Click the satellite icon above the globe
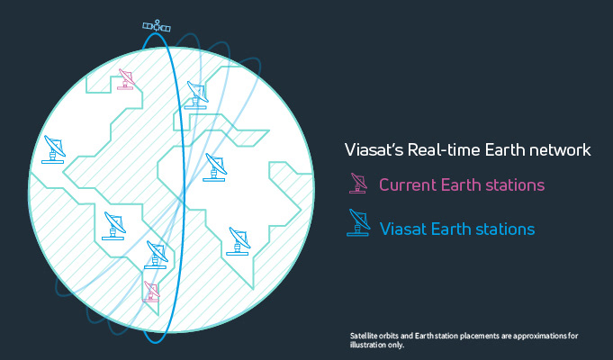pyautogui.click(x=157, y=26)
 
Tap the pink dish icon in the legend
pyautogui.click(x=358, y=184)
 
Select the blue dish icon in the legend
pyautogui.click(x=358, y=222)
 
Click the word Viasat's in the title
pyautogui.click(x=374, y=150)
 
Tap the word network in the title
pyautogui.click(x=563, y=150)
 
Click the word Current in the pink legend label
pyautogui.click(x=408, y=184)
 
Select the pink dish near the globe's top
pyautogui.click(x=126, y=79)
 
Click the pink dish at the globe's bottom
pyautogui.click(x=152, y=292)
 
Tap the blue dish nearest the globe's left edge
pyautogui.click(x=54, y=149)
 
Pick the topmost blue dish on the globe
pyautogui.click(x=196, y=95)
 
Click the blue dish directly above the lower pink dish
pyautogui.click(x=157, y=255)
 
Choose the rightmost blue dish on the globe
pyautogui.click(x=239, y=241)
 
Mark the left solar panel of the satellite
pyautogui.click(x=148, y=26)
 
